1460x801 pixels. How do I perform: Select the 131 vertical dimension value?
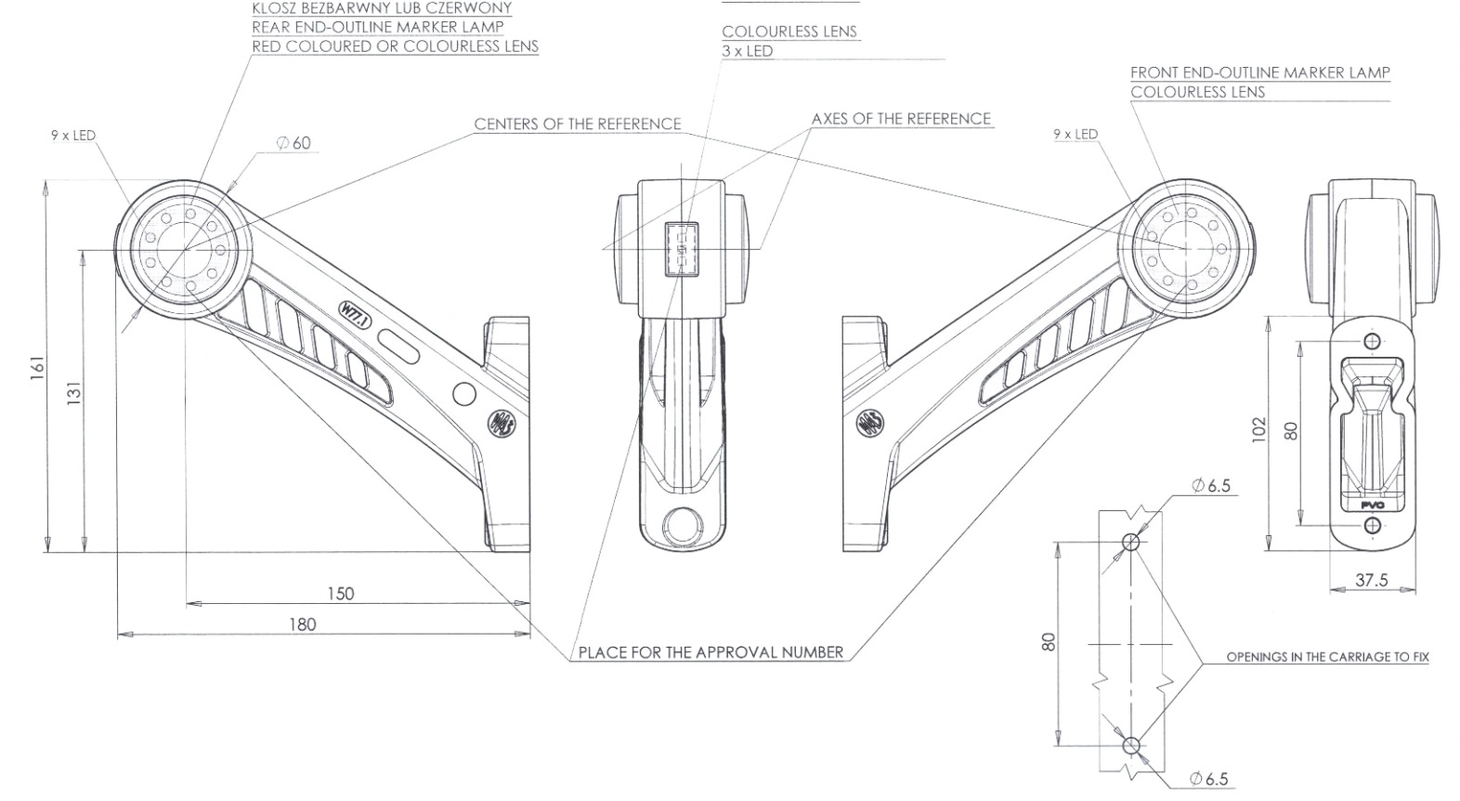pyautogui.click(x=74, y=393)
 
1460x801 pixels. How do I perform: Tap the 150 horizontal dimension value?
pyautogui.click(x=340, y=593)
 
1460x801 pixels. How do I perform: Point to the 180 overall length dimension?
pyautogui.click(x=302, y=624)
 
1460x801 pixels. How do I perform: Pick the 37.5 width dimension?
pyautogui.click(x=1371, y=580)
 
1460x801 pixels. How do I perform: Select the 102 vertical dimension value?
pyautogui.click(x=1258, y=429)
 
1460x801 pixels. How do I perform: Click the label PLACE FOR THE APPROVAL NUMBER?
pyautogui.click(x=710, y=652)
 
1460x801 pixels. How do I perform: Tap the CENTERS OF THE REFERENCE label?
pyautogui.click(x=577, y=124)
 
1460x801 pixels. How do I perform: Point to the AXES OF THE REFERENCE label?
pyautogui.click(x=901, y=119)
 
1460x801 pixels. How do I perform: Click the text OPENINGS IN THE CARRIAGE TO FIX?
pyautogui.click(x=1327, y=657)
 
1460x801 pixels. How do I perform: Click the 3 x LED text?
pyautogui.click(x=747, y=51)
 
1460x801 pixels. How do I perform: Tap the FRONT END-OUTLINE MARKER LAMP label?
pyautogui.click(x=1259, y=72)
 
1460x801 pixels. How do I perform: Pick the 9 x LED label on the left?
pyautogui.click(x=72, y=136)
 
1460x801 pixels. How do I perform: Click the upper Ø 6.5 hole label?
pyautogui.click(x=1211, y=485)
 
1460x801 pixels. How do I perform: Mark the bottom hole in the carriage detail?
pyautogui.click(x=1130, y=745)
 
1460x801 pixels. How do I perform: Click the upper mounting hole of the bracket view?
pyautogui.click(x=1373, y=339)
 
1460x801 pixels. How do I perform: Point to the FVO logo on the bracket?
pyautogui.click(x=1372, y=505)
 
